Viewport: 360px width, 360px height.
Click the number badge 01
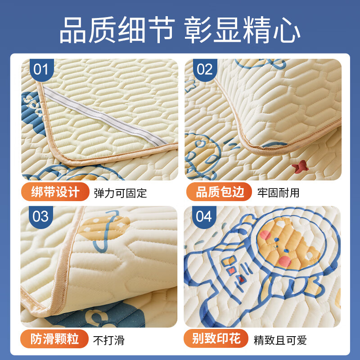(x=40, y=70)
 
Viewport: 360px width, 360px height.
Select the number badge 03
(x=40, y=216)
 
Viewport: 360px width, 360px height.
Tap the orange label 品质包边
(x=220, y=193)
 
